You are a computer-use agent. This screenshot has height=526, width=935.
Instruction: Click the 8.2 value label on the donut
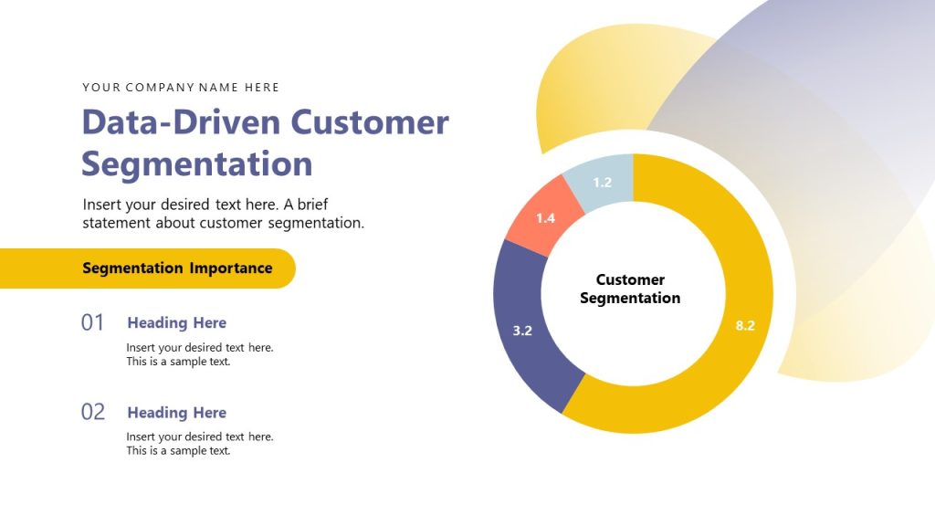[x=745, y=325]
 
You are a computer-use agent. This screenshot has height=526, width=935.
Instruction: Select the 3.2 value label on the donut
[x=522, y=331]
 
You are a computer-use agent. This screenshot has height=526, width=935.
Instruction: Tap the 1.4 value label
[x=545, y=218]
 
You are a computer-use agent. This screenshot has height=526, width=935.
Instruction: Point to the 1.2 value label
[x=602, y=183]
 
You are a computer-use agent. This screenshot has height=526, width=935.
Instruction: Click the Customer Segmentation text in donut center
[x=630, y=289]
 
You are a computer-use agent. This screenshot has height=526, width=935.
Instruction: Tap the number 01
[x=93, y=322]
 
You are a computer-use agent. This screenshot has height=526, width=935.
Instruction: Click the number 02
[x=93, y=412]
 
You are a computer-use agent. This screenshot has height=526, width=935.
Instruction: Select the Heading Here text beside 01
[x=176, y=322]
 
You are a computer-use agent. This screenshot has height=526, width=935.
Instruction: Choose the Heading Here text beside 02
[x=176, y=412]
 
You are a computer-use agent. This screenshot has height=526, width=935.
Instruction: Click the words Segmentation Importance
[x=177, y=268]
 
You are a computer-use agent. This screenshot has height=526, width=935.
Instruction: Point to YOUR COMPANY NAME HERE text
[x=181, y=88]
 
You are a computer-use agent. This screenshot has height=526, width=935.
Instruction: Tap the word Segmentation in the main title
[x=197, y=164]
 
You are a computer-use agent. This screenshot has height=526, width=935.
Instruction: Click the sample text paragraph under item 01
[x=199, y=354]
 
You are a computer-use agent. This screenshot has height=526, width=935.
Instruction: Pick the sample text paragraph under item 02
[x=199, y=444]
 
